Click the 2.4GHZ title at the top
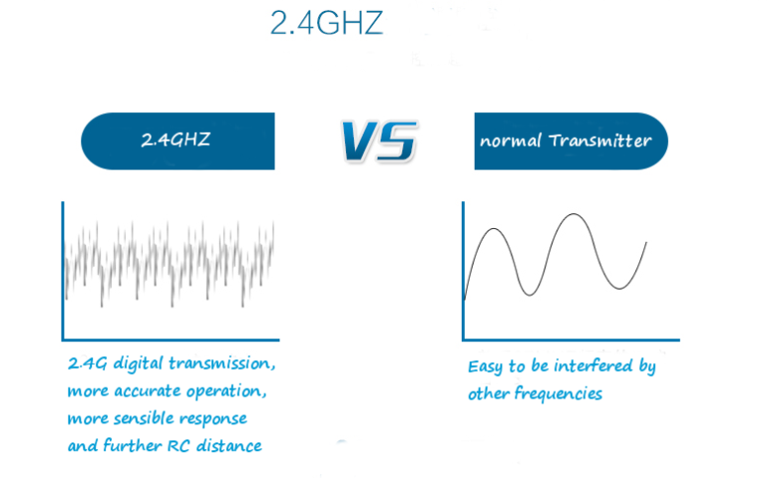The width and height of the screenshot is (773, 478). point(326,23)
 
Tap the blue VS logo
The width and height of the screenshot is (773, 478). point(380,141)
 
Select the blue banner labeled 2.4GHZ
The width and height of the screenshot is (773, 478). point(177,141)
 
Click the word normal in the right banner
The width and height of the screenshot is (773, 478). point(510,142)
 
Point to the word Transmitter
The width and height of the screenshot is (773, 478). point(600,141)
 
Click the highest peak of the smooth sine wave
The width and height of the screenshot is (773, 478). point(574,214)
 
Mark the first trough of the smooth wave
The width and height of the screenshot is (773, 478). point(529,295)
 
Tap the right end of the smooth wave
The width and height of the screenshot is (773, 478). point(646,242)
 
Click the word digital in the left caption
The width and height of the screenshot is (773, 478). point(138,364)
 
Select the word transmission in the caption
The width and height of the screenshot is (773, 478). point(222,364)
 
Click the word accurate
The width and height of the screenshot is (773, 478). point(148,392)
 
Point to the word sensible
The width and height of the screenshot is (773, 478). point(144,418)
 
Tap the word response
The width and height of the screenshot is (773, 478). point(213,419)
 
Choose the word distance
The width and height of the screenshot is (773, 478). point(229,446)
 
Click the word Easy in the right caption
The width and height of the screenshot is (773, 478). point(485,367)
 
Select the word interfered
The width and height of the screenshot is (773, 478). point(593,366)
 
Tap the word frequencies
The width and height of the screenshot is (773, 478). point(558,394)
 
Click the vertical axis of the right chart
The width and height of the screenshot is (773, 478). point(464,271)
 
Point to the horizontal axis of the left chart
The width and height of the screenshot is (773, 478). point(170,339)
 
